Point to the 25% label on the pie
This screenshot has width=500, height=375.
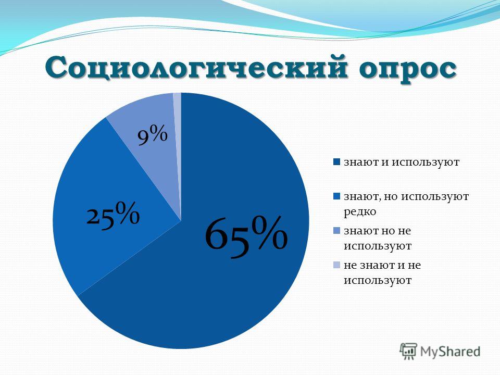(113, 214)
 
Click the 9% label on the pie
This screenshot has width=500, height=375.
(153, 135)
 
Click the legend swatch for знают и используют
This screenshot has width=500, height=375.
(337, 161)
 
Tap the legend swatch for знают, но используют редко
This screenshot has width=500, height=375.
(337, 196)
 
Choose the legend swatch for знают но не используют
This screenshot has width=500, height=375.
(337, 231)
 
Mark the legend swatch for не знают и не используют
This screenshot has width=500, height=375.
(337, 265)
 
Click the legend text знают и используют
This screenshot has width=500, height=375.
(402, 162)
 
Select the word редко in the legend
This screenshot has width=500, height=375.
(360, 212)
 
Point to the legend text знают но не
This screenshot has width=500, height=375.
(377, 231)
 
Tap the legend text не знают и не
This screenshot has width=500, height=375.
(382, 265)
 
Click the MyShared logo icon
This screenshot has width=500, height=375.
(408, 351)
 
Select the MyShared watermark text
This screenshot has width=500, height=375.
(450, 352)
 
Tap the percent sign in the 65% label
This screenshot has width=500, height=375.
(269, 231)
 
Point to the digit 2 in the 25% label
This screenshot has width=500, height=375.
(94, 217)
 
